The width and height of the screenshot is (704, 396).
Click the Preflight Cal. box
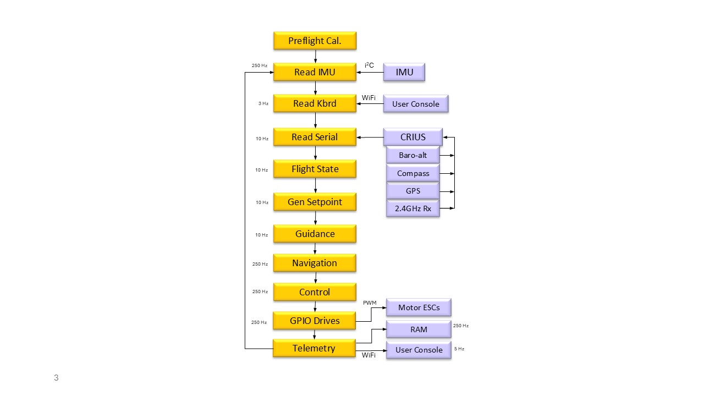coord(315,41)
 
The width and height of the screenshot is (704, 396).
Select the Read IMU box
coord(315,72)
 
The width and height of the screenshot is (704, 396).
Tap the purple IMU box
coord(404,72)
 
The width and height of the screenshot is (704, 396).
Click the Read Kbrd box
coord(315,103)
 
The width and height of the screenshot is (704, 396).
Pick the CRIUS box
coord(413,137)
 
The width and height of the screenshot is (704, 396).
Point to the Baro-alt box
coord(413,155)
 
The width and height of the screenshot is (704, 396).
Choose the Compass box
coord(413,173)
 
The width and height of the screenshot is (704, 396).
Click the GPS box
coord(413,191)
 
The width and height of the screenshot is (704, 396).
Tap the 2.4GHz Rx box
coord(413,208)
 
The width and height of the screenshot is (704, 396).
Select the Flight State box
coord(315,169)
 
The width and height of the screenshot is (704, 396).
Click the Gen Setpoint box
coord(315,202)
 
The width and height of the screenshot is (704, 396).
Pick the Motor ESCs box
coord(419,307)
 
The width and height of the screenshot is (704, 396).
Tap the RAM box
coord(419,329)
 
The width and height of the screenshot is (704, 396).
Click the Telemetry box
coord(314,348)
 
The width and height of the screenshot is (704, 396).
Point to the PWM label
coord(370,302)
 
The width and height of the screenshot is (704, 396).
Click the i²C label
coord(369,65)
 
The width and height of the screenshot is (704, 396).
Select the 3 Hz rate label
coord(263,103)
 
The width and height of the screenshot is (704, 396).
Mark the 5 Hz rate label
coord(459,349)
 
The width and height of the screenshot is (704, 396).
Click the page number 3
coord(56,378)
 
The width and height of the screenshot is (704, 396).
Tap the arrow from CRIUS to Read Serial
coord(370,137)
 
